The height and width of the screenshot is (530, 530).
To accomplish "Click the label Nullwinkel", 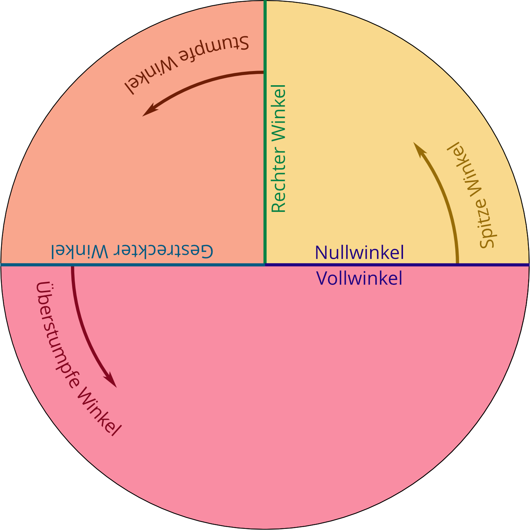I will point(359,253).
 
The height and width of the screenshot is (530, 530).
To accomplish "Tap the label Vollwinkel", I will point(359,278).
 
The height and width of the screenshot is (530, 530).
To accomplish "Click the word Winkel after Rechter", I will point(279,113).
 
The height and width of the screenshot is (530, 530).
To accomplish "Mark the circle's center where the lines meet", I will point(265,265).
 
